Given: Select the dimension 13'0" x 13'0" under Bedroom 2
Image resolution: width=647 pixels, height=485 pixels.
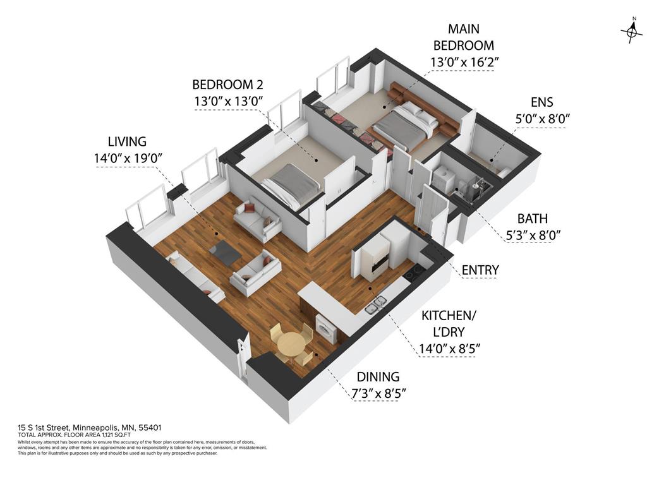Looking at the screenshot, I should coord(227,101).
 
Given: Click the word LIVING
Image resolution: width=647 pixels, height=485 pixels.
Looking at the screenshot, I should coord(126,141).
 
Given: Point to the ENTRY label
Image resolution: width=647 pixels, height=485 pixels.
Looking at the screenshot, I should coord(480,270).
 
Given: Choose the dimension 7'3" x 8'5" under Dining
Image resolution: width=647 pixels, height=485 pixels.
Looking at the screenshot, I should coord(377,393).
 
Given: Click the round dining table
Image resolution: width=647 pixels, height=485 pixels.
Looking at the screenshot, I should coord(290,344).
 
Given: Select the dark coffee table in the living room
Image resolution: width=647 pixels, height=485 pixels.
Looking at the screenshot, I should coord(225,252).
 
